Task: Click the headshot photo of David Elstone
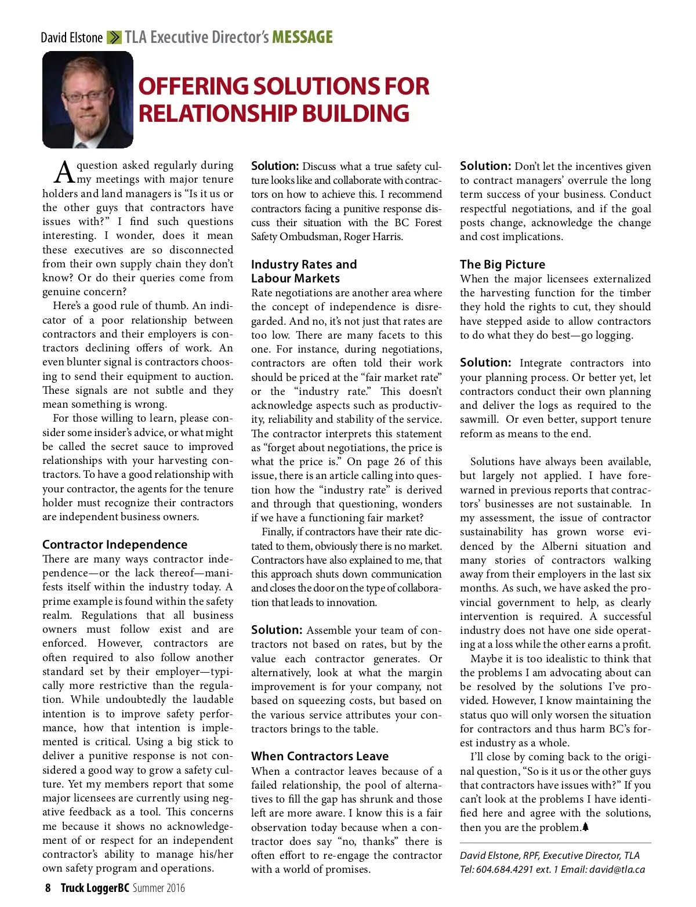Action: [88, 100]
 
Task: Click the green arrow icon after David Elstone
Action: [114, 38]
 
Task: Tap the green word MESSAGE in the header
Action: [302, 38]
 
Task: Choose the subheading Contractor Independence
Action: [115, 545]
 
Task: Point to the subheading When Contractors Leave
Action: [320, 756]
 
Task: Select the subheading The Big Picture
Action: [502, 264]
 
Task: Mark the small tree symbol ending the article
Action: [585, 827]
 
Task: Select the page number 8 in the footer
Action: [48, 888]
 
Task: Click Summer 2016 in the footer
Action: [158, 888]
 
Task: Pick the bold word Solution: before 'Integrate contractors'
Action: [485, 363]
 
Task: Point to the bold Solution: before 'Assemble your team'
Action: [277, 630]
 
